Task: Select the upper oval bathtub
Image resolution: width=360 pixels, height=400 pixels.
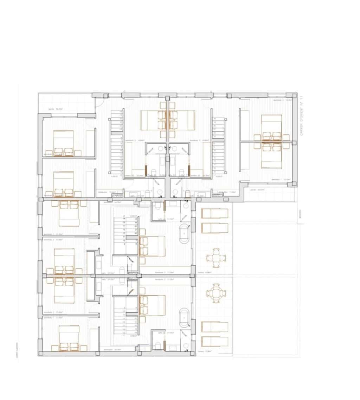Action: [185, 234]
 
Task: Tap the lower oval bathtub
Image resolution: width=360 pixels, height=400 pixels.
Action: [185, 315]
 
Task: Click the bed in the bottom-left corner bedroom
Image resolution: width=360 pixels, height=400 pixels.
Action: [69, 337]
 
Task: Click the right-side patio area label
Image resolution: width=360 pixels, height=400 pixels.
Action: [261, 190]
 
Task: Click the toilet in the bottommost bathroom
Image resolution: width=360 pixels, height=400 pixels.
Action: [158, 346]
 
